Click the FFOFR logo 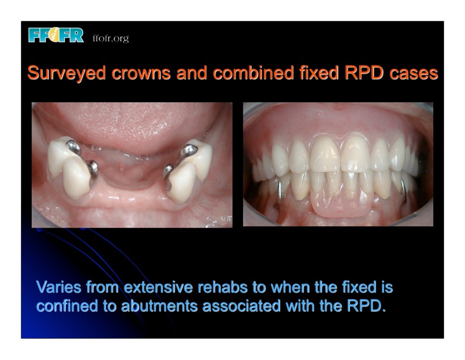55,35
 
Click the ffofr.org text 110,39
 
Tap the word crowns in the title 136,74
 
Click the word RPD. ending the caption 366,306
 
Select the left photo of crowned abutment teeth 132,165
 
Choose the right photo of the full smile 338,165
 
